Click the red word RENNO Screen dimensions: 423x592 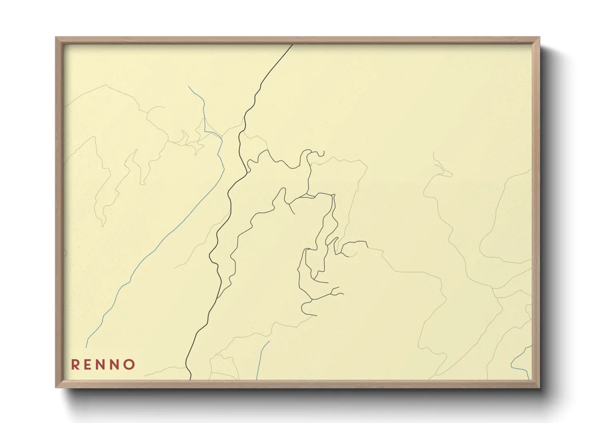(103, 365)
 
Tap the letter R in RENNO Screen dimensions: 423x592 (75, 365)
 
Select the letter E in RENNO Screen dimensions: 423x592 (88, 365)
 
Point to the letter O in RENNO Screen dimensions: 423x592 (130, 365)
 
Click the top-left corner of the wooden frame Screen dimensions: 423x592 (56, 38)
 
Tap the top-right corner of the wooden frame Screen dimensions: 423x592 (539, 38)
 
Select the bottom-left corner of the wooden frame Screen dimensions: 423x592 (56, 387)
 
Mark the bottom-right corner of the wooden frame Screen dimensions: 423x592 (539, 387)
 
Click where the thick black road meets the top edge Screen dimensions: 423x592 (292, 45)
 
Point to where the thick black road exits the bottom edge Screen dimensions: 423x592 (190, 379)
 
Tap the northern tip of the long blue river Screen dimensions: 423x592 (188, 86)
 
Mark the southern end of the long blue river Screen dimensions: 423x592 (86, 347)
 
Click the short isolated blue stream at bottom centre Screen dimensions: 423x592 (262, 360)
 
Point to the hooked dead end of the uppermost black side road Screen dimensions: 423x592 (323, 154)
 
